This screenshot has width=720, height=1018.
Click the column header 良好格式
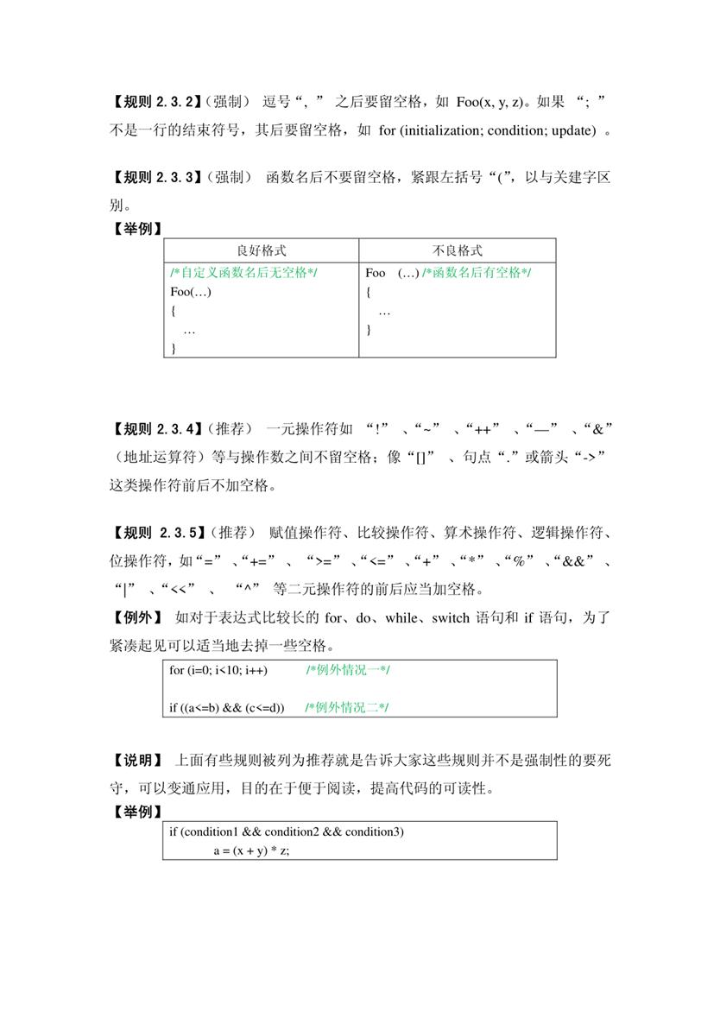262,250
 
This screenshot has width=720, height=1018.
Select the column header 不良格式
458,250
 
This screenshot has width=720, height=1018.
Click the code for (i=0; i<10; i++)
218,670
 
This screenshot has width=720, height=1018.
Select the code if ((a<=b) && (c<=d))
227,708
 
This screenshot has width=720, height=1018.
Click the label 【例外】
136,617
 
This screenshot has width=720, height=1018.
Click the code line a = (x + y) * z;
251,850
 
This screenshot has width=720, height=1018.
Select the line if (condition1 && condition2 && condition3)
286,831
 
